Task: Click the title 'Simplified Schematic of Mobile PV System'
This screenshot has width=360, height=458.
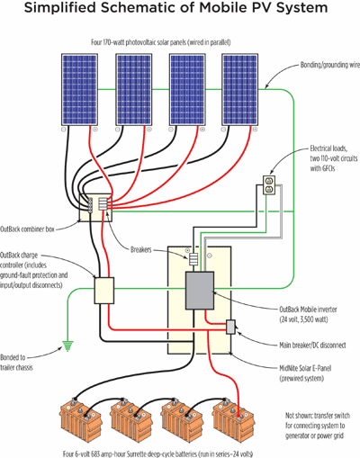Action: coord(180,11)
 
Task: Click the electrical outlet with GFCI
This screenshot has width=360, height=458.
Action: coord(270,187)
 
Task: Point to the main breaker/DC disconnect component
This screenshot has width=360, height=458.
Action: coord(230,326)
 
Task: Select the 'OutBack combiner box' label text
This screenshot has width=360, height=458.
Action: coord(38,229)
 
